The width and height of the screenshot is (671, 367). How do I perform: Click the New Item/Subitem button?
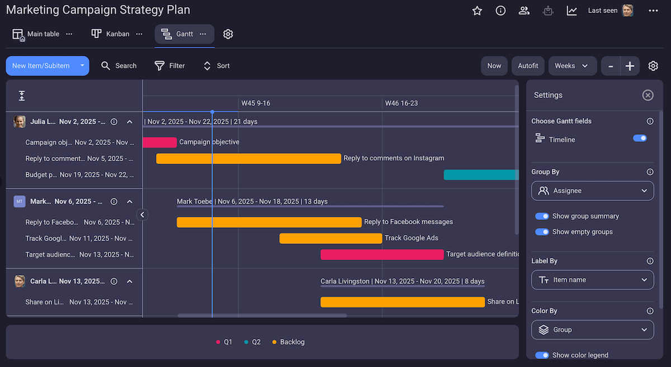point(41,65)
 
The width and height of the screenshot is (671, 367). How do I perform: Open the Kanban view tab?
point(111,34)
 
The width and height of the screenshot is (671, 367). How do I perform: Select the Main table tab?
point(36,34)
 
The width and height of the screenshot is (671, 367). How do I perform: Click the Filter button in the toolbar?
point(169,65)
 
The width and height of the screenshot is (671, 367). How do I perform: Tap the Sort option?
point(216,65)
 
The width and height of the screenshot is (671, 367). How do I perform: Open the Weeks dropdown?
point(571,65)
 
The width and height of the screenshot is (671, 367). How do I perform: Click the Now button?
point(494,65)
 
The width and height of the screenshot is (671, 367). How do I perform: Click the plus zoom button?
point(630,66)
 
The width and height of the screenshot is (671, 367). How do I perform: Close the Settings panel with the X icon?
point(648,95)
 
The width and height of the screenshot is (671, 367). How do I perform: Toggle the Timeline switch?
point(640,138)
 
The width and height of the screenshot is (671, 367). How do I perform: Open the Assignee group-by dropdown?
point(592,191)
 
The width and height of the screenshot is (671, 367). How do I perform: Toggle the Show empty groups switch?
point(542,232)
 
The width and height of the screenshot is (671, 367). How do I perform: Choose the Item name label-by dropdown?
point(592,280)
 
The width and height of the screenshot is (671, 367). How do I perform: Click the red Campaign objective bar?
point(160,142)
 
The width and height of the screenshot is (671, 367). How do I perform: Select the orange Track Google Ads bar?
point(330,238)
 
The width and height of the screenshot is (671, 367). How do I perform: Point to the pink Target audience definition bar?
point(382,255)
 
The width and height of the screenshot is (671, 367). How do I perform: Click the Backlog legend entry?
point(289,342)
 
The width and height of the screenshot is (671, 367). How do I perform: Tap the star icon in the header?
point(477,11)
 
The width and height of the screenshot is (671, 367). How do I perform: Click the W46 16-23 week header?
point(401,103)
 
